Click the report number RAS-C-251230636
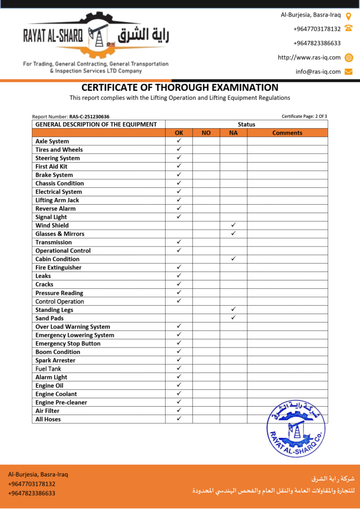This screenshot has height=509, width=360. coord(89,117)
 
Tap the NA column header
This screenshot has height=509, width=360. coord(233,133)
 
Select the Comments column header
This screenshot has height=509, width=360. coord(287,133)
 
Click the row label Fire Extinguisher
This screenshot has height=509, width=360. coord(58,267)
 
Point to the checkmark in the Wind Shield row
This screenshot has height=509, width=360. coord(233,225)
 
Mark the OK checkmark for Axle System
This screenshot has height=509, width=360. coord(179,141)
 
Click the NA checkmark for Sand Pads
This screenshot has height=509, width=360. coord(233,318)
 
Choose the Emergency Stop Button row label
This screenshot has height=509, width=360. coord(68,343)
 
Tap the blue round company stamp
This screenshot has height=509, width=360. coord(296,428)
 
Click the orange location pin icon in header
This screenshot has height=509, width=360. coord(349,15)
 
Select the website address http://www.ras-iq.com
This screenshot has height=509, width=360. coord(309,57)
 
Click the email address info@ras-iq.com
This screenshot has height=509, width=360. coord(318,72)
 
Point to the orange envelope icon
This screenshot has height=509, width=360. coord(349,72)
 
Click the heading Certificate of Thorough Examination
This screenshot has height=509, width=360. coord(180,87)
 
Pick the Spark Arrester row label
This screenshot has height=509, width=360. coord(55,360)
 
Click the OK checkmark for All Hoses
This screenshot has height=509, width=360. coord(179,419)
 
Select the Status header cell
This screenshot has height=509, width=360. coord(246,124)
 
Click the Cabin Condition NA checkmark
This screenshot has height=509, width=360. coord(233,258)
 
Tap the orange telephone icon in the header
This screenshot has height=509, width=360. coord(349,29)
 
